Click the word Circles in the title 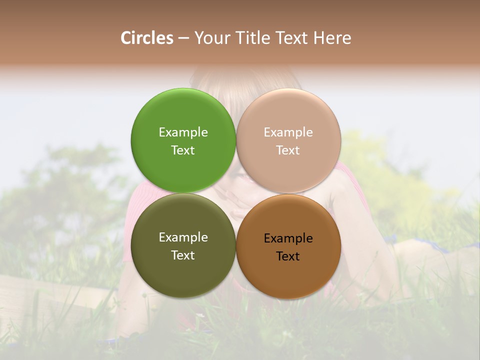pyautogui.click(x=146, y=38)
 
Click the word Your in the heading pyautogui.click(x=212, y=38)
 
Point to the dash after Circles pyautogui.click(x=183, y=38)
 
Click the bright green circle pyautogui.click(x=183, y=115)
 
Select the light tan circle pyautogui.click(x=288, y=115)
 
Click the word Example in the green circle pyautogui.click(x=183, y=132)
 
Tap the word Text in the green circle pyautogui.click(x=183, y=150)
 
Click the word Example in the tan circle pyautogui.click(x=288, y=132)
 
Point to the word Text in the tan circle pyautogui.click(x=288, y=150)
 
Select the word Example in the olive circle pyautogui.click(x=183, y=237)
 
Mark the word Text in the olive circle pyautogui.click(x=183, y=255)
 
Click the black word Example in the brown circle pyautogui.click(x=288, y=238)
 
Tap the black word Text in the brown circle pyautogui.click(x=288, y=256)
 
